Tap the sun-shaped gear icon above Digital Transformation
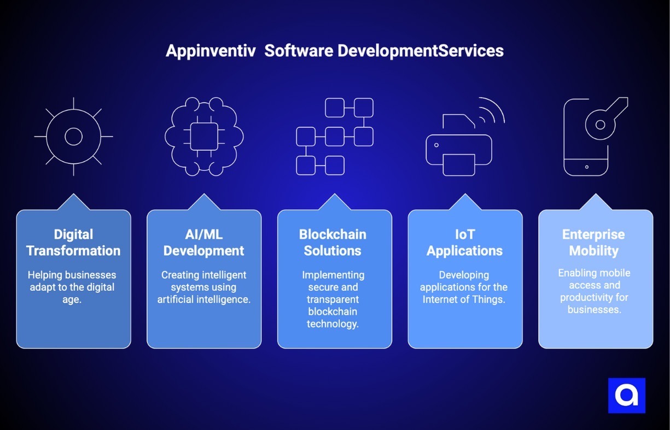click(73, 137)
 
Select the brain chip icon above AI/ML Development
click(204, 137)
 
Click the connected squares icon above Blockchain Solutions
click(335, 137)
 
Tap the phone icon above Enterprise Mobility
click(587, 137)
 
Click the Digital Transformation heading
click(73, 243)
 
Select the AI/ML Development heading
click(204, 243)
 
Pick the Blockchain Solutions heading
click(333, 243)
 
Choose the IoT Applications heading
click(465, 243)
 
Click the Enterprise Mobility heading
click(594, 243)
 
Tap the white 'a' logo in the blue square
click(627, 396)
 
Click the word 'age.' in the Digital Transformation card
click(73, 299)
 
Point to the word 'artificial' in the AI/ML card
click(177, 299)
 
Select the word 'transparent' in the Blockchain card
click(333, 299)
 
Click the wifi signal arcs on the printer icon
click(490, 111)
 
